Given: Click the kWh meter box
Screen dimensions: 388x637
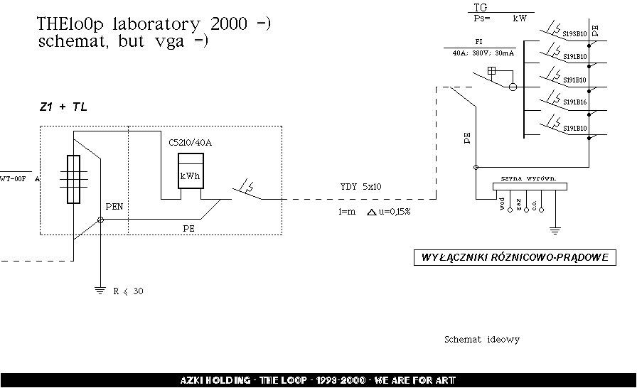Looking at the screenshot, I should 190,171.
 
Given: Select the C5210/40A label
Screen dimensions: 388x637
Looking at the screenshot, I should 190,143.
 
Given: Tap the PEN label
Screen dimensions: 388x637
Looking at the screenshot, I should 114,206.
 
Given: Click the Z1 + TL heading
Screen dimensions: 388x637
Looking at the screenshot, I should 63,107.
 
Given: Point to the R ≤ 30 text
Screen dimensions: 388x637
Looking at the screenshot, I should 128,291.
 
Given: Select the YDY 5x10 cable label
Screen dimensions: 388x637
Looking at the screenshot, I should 360,187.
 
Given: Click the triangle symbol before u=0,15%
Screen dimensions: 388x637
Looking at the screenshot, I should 372,212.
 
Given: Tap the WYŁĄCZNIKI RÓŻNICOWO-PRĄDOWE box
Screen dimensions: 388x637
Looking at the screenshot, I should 514,258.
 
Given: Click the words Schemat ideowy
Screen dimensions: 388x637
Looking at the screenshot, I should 481,340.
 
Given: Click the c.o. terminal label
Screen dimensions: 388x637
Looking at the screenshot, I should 535,205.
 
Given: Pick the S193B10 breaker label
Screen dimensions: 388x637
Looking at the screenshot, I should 574,33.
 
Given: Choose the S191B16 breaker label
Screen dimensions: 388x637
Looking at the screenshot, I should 574,102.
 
